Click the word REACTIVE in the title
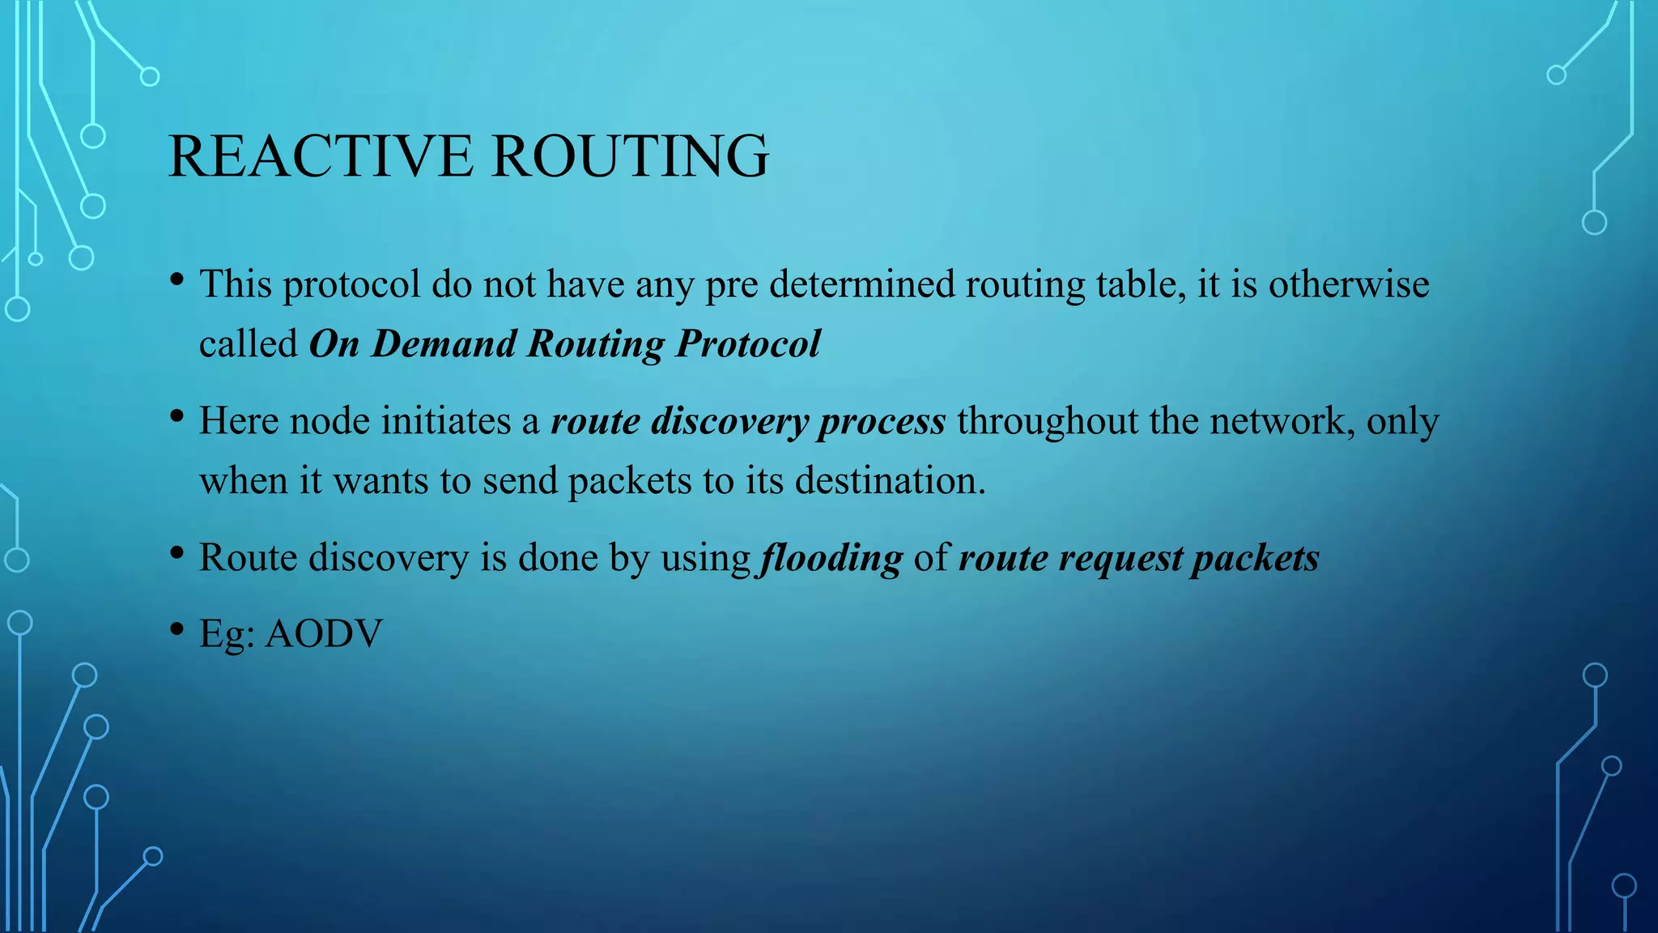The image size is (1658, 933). pyautogui.click(x=321, y=155)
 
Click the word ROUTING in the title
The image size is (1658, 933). pyautogui.click(x=630, y=155)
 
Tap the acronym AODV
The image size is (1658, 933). pyautogui.click(x=324, y=633)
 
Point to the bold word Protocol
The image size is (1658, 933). pyautogui.click(x=748, y=343)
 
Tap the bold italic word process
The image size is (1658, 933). pyautogui.click(x=882, y=421)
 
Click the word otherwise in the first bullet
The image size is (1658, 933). pyautogui.click(x=1349, y=284)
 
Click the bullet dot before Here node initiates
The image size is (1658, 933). pyautogui.click(x=177, y=416)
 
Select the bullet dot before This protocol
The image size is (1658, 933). pyautogui.click(x=177, y=280)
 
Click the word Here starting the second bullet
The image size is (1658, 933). pyautogui.click(x=239, y=421)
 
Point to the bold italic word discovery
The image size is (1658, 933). pyautogui.click(x=729, y=421)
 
